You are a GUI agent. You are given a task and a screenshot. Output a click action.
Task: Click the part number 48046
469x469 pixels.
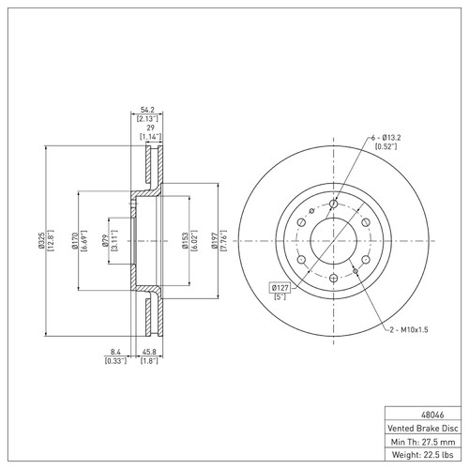pos(432,415)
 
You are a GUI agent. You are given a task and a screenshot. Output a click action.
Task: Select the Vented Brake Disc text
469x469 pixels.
pos(423,428)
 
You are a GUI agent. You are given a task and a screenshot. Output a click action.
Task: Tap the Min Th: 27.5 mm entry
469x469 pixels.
pos(423,442)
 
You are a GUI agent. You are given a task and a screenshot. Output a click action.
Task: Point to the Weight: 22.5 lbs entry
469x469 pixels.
pos(423,455)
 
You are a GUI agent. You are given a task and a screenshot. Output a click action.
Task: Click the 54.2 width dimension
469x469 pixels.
pos(147,110)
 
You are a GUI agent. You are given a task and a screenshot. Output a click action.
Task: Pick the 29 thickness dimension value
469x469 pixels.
pos(151,128)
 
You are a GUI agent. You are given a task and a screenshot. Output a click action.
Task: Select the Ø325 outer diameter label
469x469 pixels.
pos(41,240)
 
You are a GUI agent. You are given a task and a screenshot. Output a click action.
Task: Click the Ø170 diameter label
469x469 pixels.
pos(74,240)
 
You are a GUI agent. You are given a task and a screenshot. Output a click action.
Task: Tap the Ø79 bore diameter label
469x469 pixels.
pos(105,241)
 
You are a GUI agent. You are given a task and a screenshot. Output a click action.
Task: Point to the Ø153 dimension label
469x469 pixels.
pos(185,241)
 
